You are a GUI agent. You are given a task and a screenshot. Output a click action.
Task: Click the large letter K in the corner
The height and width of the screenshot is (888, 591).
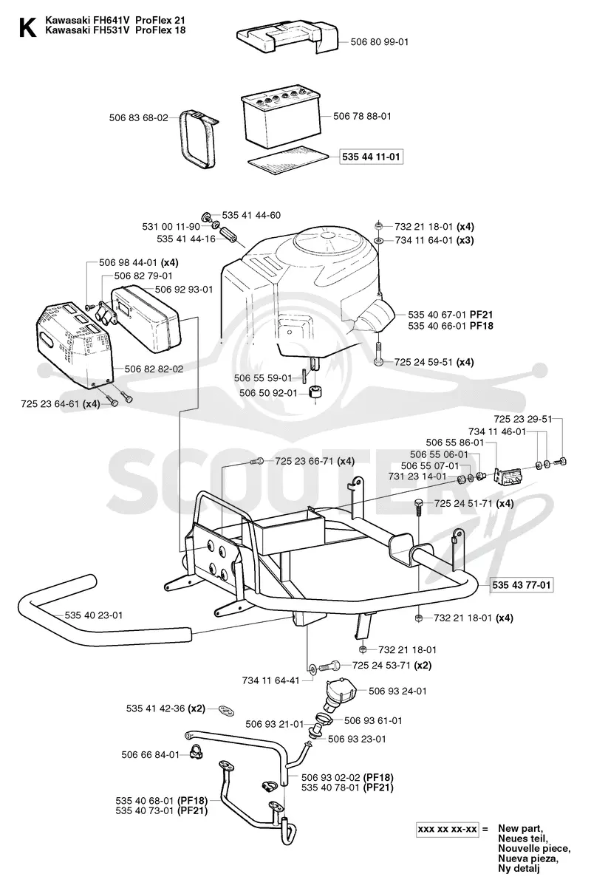point(28,27)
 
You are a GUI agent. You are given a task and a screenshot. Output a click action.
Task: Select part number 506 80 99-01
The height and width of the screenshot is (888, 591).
point(379,42)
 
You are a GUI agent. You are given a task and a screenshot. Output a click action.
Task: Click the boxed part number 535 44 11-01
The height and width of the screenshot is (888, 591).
point(371,157)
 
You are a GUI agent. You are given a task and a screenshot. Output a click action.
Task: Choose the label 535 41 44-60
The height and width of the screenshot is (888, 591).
point(251,215)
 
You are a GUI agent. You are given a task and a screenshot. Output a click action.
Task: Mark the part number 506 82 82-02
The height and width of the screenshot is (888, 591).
point(154,369)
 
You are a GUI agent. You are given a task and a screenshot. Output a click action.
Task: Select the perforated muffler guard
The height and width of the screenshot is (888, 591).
point(73,346)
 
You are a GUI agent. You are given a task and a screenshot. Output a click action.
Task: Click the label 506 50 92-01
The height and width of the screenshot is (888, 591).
point(268,393)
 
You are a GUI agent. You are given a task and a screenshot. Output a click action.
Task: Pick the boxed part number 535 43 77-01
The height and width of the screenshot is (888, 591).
point(521,584)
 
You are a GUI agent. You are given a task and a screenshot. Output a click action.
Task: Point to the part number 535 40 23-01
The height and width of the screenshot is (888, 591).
point(94,615)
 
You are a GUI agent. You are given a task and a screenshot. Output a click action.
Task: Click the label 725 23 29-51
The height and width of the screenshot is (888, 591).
point(523,419)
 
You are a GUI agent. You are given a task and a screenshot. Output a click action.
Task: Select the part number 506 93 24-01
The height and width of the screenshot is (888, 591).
point(397,691)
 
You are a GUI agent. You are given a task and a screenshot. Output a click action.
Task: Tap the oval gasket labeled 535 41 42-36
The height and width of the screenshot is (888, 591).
point(226,710)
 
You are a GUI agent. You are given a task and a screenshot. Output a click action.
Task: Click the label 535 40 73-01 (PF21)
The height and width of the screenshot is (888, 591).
point(162,811)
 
